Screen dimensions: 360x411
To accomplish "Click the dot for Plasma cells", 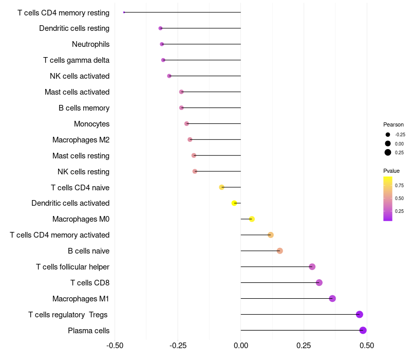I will coord(363,330).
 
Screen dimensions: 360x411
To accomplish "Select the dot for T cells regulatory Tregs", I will coord(359,314).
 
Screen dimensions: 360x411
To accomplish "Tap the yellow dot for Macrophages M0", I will coord(252,219).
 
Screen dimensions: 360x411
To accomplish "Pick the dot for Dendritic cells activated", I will coord(234,203).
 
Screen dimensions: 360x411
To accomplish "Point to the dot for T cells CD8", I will coord(319,282).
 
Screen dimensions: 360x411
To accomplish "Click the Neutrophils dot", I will coord(162,44).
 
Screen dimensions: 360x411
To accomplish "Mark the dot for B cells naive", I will coord(279,251).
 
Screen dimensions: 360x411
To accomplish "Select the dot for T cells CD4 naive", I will coord(221,187).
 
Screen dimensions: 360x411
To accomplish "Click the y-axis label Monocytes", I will coord(91,124).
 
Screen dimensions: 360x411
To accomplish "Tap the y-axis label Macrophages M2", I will coord(81,140).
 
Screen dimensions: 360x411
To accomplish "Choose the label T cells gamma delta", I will coord(76,60).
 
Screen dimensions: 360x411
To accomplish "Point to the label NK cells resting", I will coord(83,172).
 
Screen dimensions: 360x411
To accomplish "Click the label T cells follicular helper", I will coord(72,267).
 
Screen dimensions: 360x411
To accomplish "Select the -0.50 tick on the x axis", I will coord(115,345).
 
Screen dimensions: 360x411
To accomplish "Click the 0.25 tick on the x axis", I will coord(304,345).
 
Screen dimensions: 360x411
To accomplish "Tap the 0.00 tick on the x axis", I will coord(240,345).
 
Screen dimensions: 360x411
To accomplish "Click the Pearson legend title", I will coord(393,124).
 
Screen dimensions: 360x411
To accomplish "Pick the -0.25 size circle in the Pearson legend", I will coord(387,135).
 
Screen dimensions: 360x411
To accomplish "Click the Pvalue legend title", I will coord(391,171).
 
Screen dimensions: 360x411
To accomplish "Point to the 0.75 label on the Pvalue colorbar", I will coord(399,185).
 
